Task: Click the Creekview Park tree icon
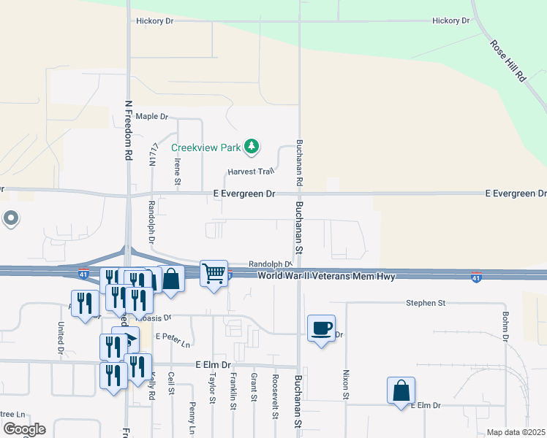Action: pos(252,147)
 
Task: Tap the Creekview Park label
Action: pos(206,147)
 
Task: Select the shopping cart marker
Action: pos(214,274)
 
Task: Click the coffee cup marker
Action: pos(321,328)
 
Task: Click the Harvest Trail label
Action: pos(250,172)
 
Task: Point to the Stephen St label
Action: pos(427,302)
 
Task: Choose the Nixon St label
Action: pos(346,384)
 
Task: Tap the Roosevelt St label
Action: pos(275,397)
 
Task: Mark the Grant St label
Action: pos(254,388)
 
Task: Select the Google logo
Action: pos(23,429)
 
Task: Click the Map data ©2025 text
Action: pos(516,432)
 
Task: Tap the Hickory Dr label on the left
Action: pos(154,21)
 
